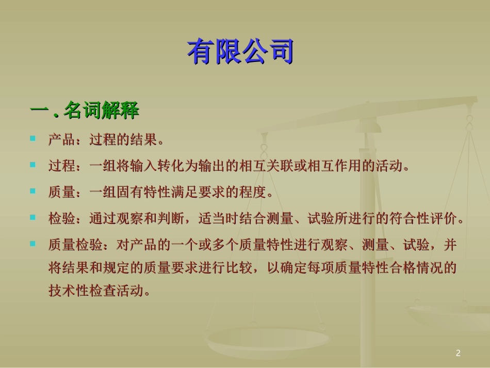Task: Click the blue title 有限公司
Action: [x=240, y=53]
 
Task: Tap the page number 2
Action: [x=458, y=354]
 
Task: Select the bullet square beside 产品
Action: [x=33, y=138]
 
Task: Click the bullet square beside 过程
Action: [x=33, y=165]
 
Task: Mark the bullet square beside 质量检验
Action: [x=33, y=244]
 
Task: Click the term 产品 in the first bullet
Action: [x=61, y=140]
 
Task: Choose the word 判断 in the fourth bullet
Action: [x=170, y=219]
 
